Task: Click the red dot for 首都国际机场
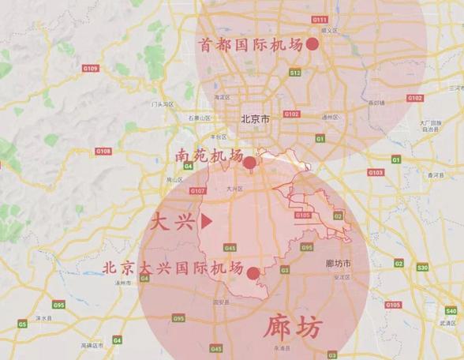click(x=312, y=44)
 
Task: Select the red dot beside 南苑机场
click(x=249, y=163)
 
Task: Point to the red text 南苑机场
click(x=209, y=156)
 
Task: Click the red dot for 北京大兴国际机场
click(x=253, y=273)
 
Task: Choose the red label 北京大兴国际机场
click(x=173, y=268)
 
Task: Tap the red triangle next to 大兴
click(x=207, y=223)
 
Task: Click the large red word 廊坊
click(x=293, y=326)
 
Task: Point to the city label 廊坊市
click(x=339, y=263)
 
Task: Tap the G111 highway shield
click(x=320, y=19)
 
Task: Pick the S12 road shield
click(x=295, y=73)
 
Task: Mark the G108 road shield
click(x=103, y=151)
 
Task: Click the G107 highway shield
click(x=198, y=191)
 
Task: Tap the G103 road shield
click(x=375, y=171)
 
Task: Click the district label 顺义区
click(x=329, y=30)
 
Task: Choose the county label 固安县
click(x=222, y=301)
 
